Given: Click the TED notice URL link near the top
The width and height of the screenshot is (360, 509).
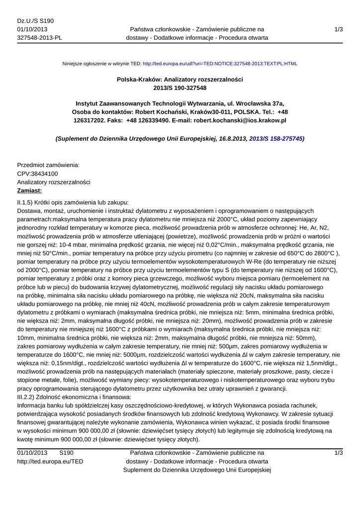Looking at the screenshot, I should [220, 64].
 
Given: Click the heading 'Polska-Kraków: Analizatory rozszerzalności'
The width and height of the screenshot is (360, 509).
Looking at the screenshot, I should [180, 79].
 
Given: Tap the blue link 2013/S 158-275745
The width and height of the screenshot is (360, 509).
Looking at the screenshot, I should [275, 139].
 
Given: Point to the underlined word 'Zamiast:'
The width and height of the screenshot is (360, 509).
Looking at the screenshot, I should [30, 190].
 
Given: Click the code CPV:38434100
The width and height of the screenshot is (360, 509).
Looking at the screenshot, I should [38, 173].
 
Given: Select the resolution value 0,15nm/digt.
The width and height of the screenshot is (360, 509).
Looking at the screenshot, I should [52, 363].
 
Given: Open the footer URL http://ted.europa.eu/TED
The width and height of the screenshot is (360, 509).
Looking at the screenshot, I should [50, 461].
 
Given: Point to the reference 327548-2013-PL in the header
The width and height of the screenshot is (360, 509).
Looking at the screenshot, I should [40, 38].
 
